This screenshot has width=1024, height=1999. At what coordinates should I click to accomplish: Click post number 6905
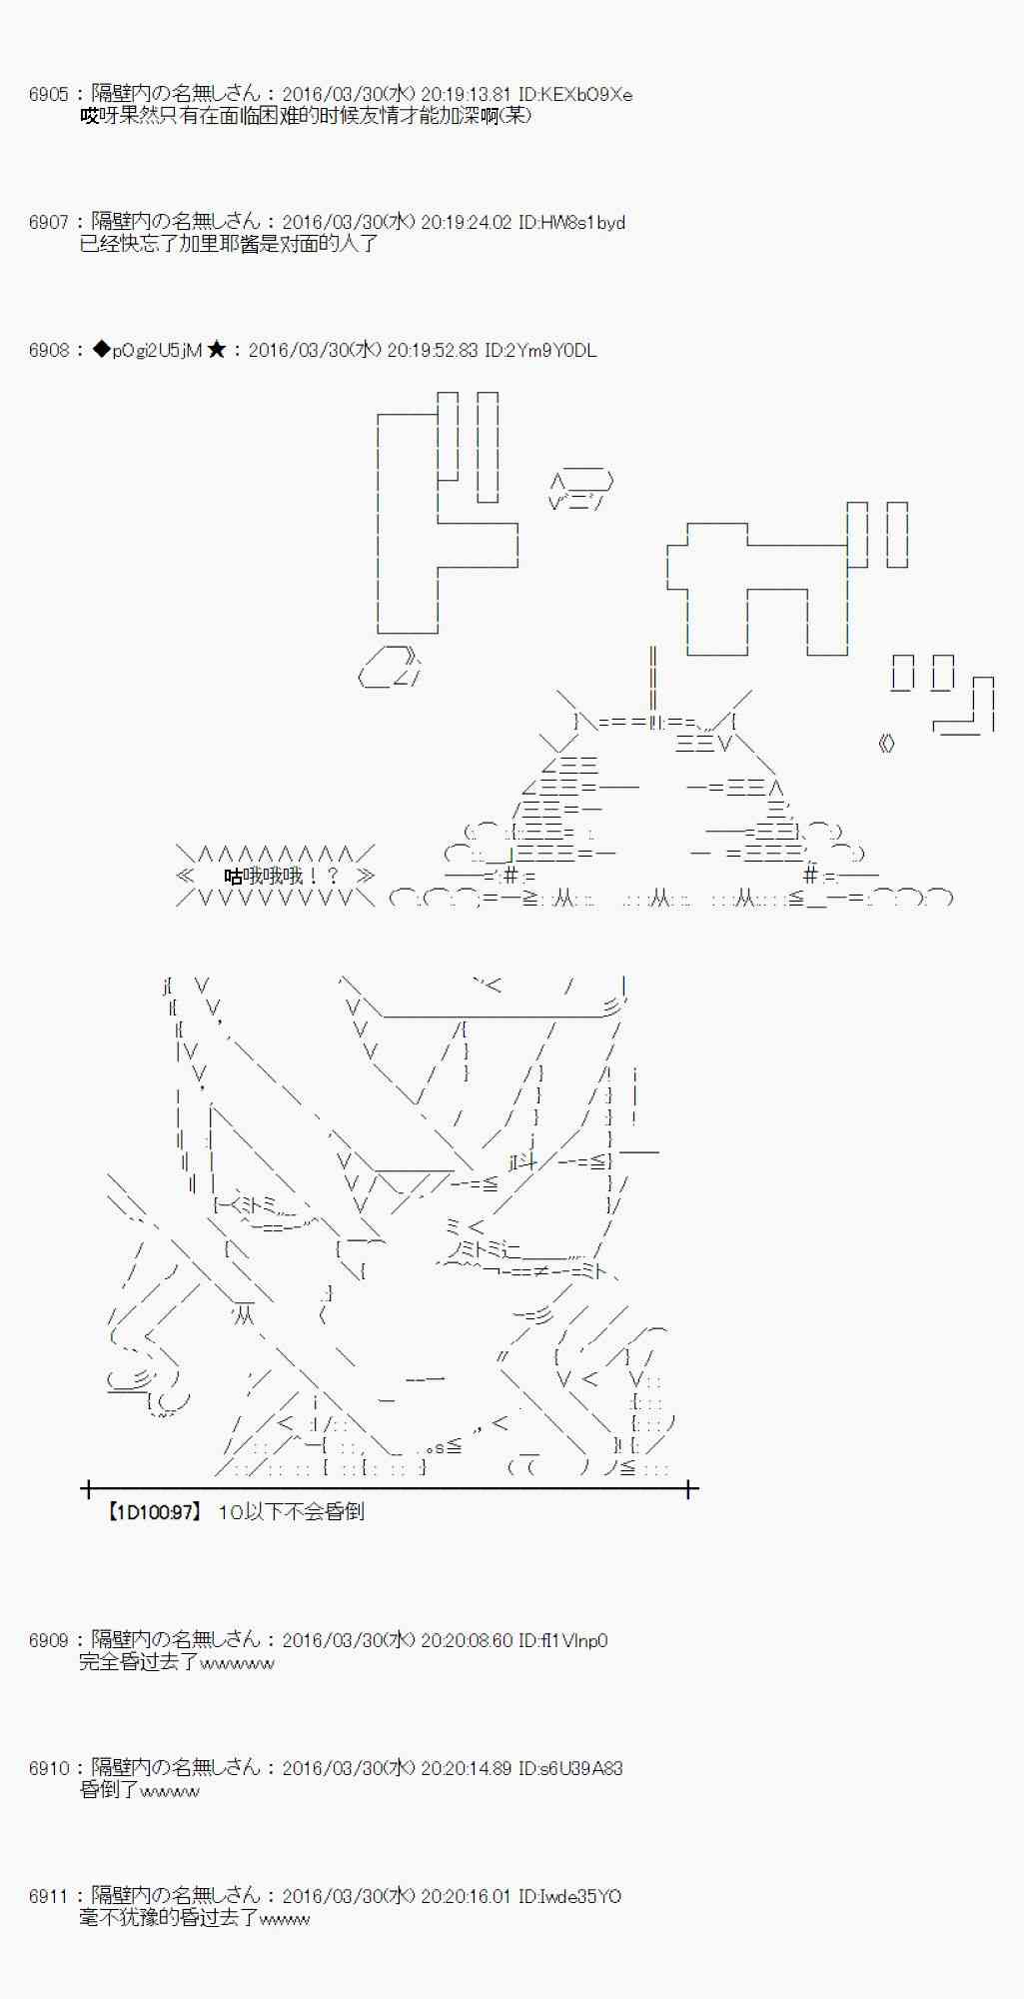pos(48,95)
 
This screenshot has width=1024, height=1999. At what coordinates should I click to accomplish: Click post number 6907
pos(48,223)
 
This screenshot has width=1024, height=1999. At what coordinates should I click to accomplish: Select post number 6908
pos(48,351)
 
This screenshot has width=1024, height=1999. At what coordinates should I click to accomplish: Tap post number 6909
pos(48,1640)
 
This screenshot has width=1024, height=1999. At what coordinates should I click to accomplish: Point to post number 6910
pos(48,1768)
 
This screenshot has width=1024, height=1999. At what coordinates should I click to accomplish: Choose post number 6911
pos(48,1896)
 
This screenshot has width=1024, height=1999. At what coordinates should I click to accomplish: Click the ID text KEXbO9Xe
pos(584,95)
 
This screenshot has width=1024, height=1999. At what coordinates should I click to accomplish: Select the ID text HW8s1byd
pos(582,223)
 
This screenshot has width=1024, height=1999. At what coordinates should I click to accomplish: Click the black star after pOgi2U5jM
pos(216,351)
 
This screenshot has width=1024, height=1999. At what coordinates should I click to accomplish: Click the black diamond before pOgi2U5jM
pos(101,351)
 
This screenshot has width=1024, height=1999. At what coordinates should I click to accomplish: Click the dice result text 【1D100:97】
pos(153,1512)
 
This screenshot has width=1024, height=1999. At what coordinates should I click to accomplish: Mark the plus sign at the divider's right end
pos(689,1489)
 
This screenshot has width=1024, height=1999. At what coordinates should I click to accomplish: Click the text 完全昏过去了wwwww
pos(177,1662)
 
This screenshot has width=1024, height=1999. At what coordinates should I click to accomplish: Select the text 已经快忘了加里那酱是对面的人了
pos(229,244)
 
